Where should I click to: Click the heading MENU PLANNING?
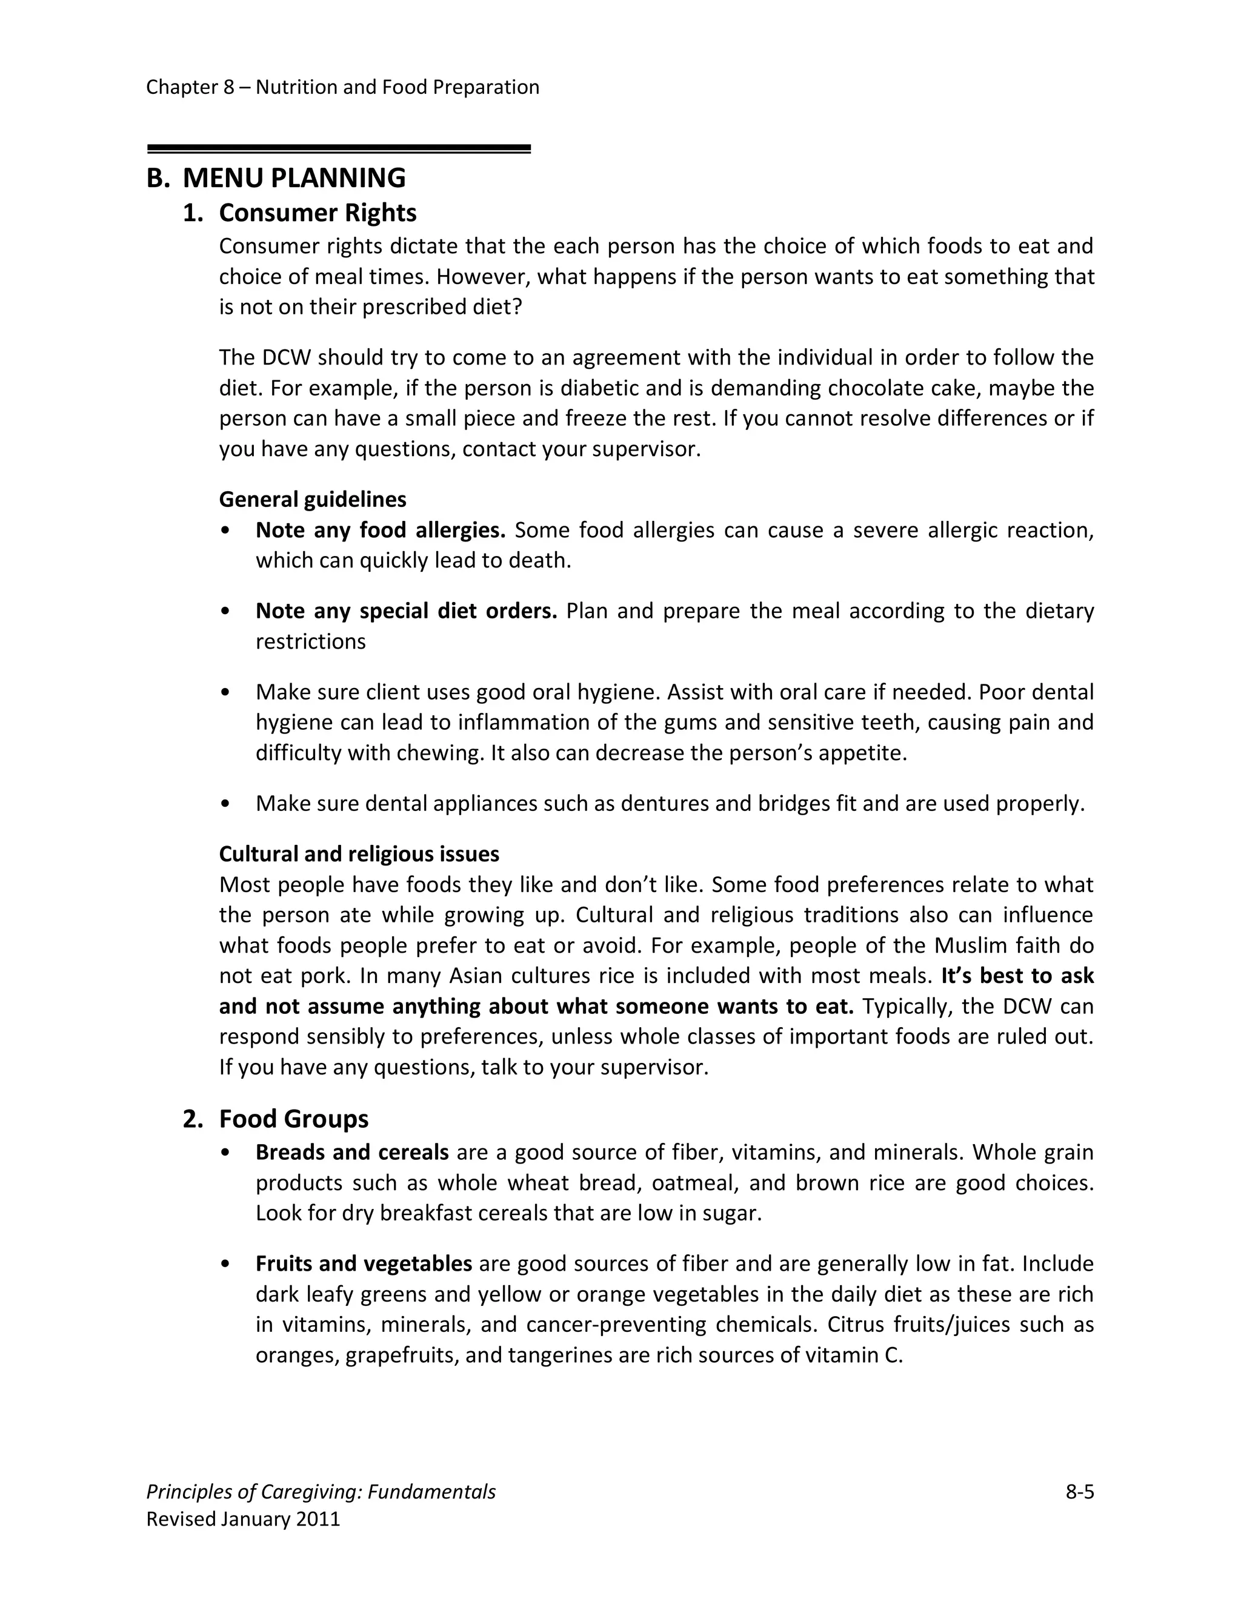[293, 179]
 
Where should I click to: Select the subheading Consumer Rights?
[317, 213]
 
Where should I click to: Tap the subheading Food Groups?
[293, 1119]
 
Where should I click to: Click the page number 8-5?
[1079, 1492]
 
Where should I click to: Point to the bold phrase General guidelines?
[313, 500]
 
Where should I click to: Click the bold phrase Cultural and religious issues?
[359, 854]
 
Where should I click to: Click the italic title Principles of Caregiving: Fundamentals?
[321, 1492]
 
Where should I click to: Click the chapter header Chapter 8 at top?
[190, 87]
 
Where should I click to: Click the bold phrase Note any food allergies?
[380, 530]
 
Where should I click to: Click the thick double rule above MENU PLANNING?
[338, 149]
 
